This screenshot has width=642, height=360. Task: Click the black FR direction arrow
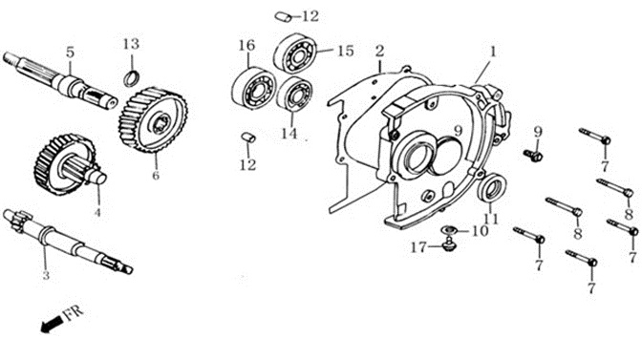pyautogui.click(x=53, y=324)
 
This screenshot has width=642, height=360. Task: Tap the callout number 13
pyautogui.click(x=132, y=44)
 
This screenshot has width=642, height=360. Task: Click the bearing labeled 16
pyautogui.click(x=253, y=89)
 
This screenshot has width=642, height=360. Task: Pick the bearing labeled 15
pyautogui.click(x=295, y=53)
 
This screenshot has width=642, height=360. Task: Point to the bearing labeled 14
pyautogui.click(x=294, y=94)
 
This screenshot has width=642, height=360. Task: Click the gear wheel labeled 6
pyautogui.click(x=153, y=120)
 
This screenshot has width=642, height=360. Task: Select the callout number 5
pyautogui.click(x=71, y=53)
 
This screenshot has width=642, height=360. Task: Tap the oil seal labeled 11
pyautogui.click(x=492, y=187)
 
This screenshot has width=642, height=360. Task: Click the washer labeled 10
pyautogui.click(x=449, y=229)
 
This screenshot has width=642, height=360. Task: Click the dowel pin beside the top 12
pyautogui.click(x=283, y=16)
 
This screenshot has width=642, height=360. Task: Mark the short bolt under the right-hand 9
pyautogui.click(x=533, y=155)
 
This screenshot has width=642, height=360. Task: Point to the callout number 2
pyautogui.click(x=380, y=52)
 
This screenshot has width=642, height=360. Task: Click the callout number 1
pyautogui.click(x=493, y=52)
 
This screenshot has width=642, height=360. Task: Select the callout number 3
pyautogui.click(x=46, y=275)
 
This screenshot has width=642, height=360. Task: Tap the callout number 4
pyautogui.click(x=97, y=213)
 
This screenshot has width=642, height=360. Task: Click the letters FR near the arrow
pyautogui.click(x=74, y=311)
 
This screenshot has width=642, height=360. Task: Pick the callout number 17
pyautogui.click(x=418, y=247)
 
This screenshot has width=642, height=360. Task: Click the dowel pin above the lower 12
pyautogui.click(x=248, y=138)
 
